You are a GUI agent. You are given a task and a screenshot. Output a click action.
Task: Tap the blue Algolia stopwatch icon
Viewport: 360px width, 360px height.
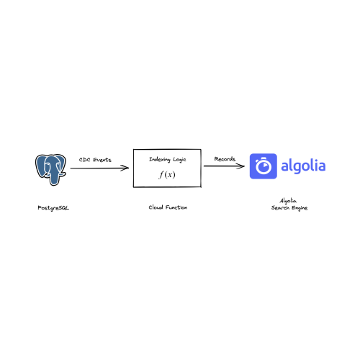(x=264, y=166)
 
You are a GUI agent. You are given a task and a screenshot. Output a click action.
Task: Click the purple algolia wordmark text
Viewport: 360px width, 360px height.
(x=303, y=166)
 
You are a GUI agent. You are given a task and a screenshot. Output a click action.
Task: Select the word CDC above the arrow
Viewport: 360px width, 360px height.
(x=84, y=160)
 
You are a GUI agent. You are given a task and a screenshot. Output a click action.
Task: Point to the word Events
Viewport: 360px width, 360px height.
(x=102, y=160)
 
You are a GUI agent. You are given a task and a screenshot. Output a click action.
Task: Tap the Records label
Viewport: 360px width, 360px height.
(x=225, y=159)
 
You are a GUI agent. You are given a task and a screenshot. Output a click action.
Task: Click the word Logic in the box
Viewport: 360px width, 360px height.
(x=179, y=160)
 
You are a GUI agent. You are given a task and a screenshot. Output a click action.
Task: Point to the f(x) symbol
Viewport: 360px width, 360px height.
(x=167, y=174)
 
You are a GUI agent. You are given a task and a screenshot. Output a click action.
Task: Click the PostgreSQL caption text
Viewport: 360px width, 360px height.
(x=53, y=208)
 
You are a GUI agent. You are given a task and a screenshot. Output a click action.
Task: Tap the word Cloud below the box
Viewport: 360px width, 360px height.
(x=156, y=207)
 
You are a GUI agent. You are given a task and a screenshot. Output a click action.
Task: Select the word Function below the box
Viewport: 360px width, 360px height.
(x=176, y=207)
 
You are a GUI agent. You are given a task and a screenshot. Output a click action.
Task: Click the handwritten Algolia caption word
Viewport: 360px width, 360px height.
(x=288, y=201)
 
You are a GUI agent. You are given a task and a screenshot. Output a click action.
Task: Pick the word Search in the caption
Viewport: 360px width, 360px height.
(x=280, y=208)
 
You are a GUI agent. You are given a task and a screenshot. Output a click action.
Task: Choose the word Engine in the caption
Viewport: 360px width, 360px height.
(x=300, y=208)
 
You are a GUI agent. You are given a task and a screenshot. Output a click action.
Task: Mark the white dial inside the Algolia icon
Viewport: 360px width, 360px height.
(x=264, y=166)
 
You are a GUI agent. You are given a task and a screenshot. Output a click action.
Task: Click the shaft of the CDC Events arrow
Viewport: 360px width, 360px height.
(x=99, y=168)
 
